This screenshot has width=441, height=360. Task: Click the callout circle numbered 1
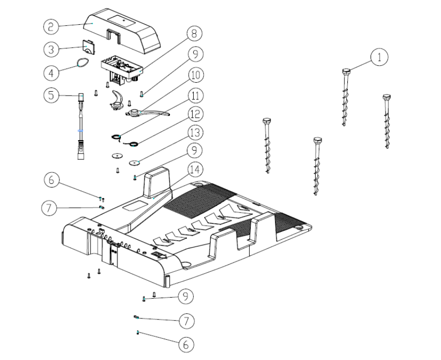click(x=380, y=57)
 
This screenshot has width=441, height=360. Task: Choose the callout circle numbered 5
click(x=51, y=95)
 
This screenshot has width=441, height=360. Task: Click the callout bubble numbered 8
click(x=194, y=34)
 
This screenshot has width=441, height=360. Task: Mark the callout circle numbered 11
click(x=194, y=95)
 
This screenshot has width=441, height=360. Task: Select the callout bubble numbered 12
click(x=194, y=113)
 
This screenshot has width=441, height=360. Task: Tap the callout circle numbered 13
click(x=194, y=133)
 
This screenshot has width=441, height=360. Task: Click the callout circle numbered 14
click(x=194, y=170)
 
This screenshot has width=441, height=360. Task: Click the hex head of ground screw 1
click(x=346, y=71)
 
